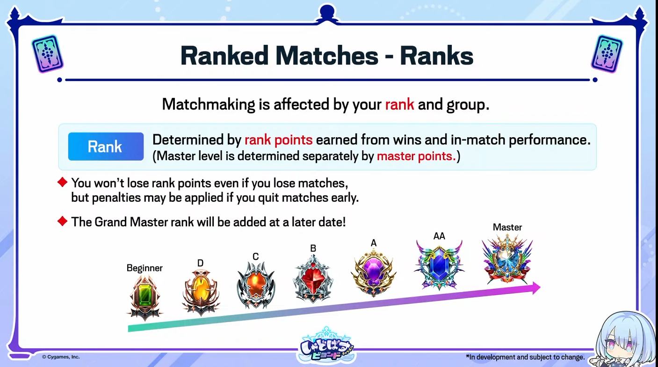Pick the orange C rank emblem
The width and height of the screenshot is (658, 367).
pos(256,285)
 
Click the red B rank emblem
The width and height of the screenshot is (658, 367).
pos(313,278)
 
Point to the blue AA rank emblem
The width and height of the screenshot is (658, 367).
pos(439,265)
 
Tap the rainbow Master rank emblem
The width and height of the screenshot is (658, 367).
pos(507,259)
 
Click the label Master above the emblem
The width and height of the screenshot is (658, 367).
pos(507,227)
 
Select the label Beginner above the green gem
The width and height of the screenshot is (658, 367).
pos(145,268)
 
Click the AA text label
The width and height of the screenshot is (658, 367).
pos(439,236)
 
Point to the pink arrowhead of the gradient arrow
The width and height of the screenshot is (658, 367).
pos(536,288)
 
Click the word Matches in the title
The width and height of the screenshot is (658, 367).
pos(327,56)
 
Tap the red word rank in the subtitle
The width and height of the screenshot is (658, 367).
pos(399,104)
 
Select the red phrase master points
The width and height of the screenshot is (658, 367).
pos(416,156)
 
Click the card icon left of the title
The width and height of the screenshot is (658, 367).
pos(47,53)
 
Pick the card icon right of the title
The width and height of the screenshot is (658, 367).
pos(607,53)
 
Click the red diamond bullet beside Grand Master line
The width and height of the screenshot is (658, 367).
pos(62,221)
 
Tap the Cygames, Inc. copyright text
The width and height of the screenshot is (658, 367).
pos(61,357)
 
